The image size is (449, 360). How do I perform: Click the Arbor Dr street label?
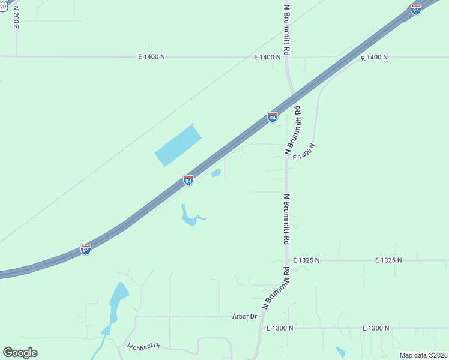pyautogui.click(x=244, y=316)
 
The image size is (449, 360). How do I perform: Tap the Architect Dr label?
pyautogui.click(x=144, y=346)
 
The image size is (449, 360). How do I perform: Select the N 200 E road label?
pyautogui.click(x=16, y=16)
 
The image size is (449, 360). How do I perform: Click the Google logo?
pyautogui.click(x=20, y=353)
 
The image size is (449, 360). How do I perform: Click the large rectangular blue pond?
pyautogui.click(x=178, y=145)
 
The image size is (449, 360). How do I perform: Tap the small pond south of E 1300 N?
pyautogui.click(x=341, y=352)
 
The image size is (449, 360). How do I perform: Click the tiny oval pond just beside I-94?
pyautogui.click(x=216, y=173)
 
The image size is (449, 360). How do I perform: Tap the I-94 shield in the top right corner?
pyautogui.click(x=416, y=10)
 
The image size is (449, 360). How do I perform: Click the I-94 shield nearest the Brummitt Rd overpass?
pyautogui.click(x=273, y=117)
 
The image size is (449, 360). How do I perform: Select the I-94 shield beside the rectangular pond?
pyautogui.click(x=188, y=180)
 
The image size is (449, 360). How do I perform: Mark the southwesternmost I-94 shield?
pyautogui.click(x=86, y=250)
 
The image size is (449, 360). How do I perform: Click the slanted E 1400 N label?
pyautogui.click(x=304, y=151)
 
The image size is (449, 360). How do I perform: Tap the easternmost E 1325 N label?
pyautogui.click(x=388, y=260)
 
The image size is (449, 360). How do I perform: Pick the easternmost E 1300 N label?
pyautogui.click(x=376, y=328)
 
